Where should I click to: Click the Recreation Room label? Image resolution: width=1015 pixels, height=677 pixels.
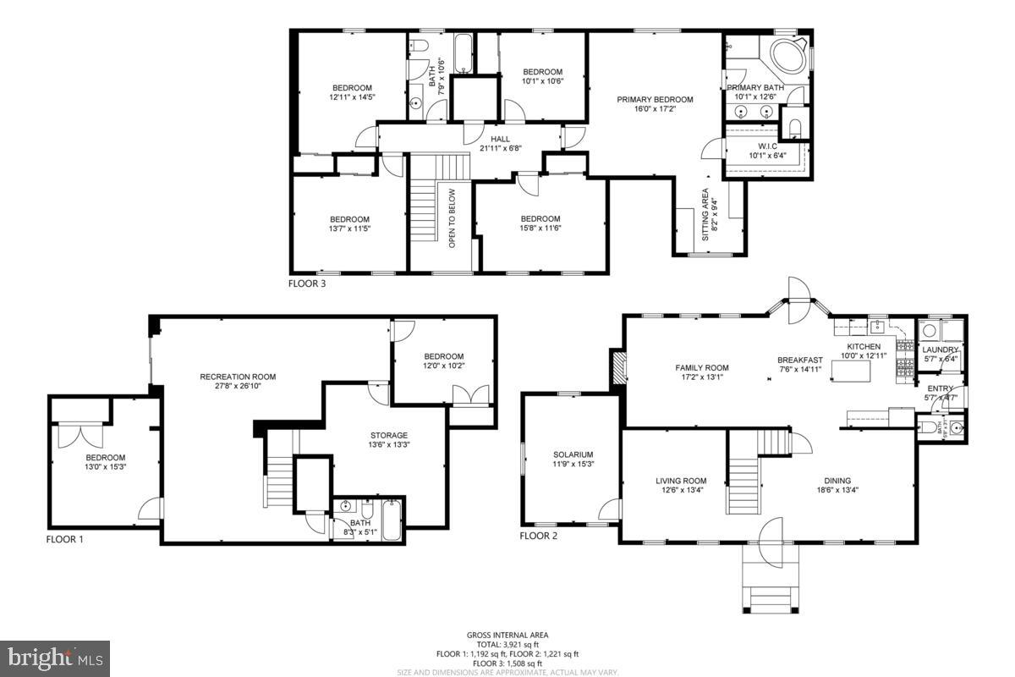pyautogui.click(x=238, y=377)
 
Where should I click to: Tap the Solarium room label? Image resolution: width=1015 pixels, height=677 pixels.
pyautogui.click(x=573, y=454)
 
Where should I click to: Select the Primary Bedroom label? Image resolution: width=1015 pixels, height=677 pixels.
pyautogui.click(x=655, y=100)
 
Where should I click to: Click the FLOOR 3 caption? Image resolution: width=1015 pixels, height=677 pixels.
pyautogui.click(x=307, y=284)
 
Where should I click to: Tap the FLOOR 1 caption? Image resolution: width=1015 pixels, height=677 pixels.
pyautogui.click(x=64, y=539)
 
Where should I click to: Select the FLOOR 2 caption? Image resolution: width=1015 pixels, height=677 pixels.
pyautogui.click(x=538, y=536)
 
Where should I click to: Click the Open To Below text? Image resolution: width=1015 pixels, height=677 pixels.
pyautogui.click(x=453, y=217)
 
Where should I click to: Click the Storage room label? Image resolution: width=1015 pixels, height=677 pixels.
pyautogui.click(x=388, y=435)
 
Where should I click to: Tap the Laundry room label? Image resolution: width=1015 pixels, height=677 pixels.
pyautogui.click(x=940, y=350)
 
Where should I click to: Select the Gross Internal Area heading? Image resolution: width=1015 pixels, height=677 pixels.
pyautogui.click(x=507, y=635)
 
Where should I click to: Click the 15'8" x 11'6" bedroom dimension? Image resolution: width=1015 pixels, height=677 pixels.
pyautogui.click(x=540, y=228)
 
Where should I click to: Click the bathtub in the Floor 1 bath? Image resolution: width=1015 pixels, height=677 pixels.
pyautogui.click(x=392, y=520)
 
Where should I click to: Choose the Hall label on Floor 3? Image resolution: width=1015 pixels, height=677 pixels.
pyautogui.click(x=501, y=139)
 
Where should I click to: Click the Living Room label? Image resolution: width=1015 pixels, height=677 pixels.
pyautogui.click(x=680, y=481)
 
